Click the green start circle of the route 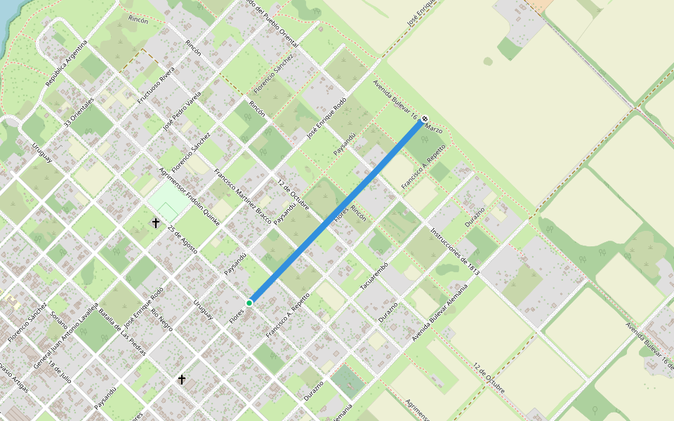pyautogui.click(x=249, y=302)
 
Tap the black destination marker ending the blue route pyautogui.click(x=425, y=119)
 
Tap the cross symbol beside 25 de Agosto pyautogui.click(x=156, y=223)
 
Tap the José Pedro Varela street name pyautogui.click(x=182, y=110)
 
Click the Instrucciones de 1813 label pyautogui.click(x=454, y=251)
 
